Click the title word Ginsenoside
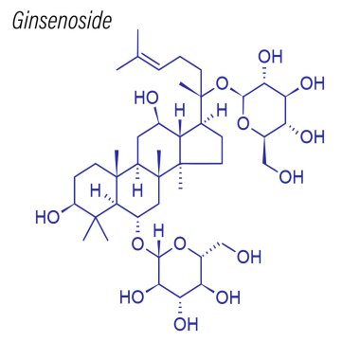(x=63, y=21)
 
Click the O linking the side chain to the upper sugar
(x=224, y=85)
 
